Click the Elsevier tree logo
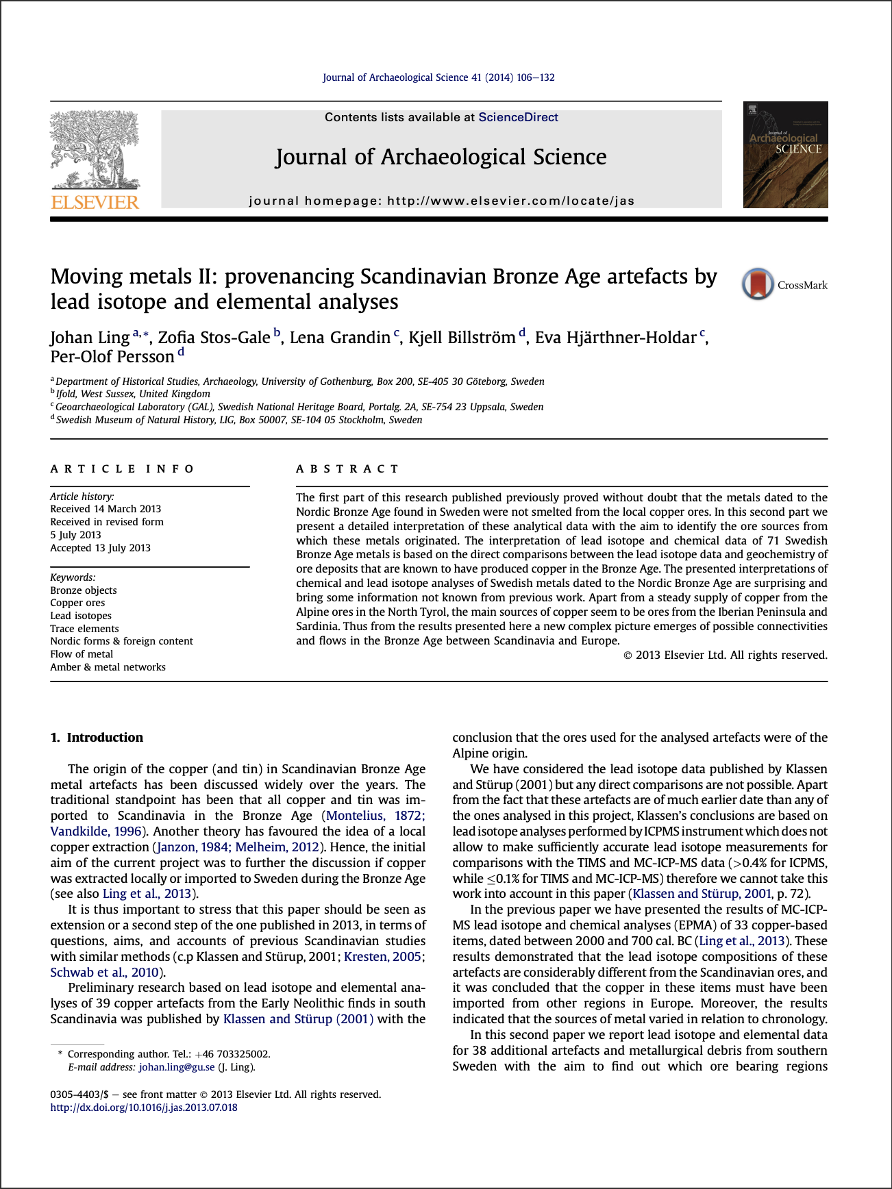click(x=95, y=150)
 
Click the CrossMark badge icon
click(x=757, y=284)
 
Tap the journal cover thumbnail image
click(x=785, y=155)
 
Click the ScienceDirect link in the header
click(x=518, y=117)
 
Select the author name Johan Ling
click(x=90, y=338)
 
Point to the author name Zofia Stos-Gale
click(x=214, y=338)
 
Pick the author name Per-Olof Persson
click(x=112, y=357)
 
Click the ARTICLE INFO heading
click(x=122, y=469)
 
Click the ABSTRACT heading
click(x=347, y=469)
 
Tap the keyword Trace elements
click(x=84, y=629)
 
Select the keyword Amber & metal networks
click(x=108, y=667)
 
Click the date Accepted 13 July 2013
click(x=100, y=548)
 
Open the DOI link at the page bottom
click(x=144, y=1107)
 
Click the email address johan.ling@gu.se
click(x=177, y=1067)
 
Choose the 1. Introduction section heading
click(x=97, y=738)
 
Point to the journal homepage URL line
click(x=441, y=201)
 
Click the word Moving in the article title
click(x=87, y=277)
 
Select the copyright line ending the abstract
click(x=725, y=655)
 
